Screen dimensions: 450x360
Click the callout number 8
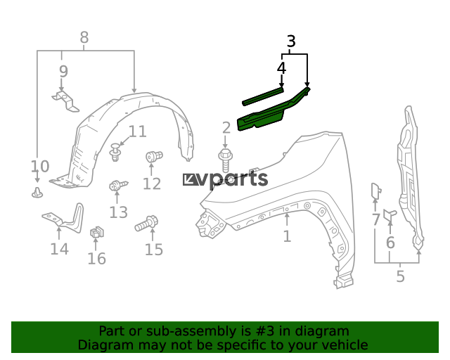click(x=84, y=37)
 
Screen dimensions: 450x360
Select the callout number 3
click(x=291, y=41)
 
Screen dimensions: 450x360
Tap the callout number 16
click(x=97, y=259)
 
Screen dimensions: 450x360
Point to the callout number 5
click(x=400, y=276)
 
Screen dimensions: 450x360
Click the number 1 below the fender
click(x=287, y=236)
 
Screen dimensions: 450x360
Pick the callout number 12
click(x=152, y=184)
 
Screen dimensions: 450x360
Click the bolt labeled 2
click(x=226, y=160)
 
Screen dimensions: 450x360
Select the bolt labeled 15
click(x=147, y=224)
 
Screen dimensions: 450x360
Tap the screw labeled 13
click(x=118, y=186)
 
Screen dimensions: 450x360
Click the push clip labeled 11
click(x=115, y=152)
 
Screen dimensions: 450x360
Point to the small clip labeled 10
click(x=37, y=193)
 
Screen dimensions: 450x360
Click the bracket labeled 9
click(x=65, y=101)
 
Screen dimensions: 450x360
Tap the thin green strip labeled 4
click(x=263, y=96)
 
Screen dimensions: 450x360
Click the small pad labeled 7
click(x=376, y=191)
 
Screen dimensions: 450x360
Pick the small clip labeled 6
click(x=390, y=215)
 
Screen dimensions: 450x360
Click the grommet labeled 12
click(x=154, y=157)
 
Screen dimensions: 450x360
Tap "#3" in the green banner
click(x=265, y=331)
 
